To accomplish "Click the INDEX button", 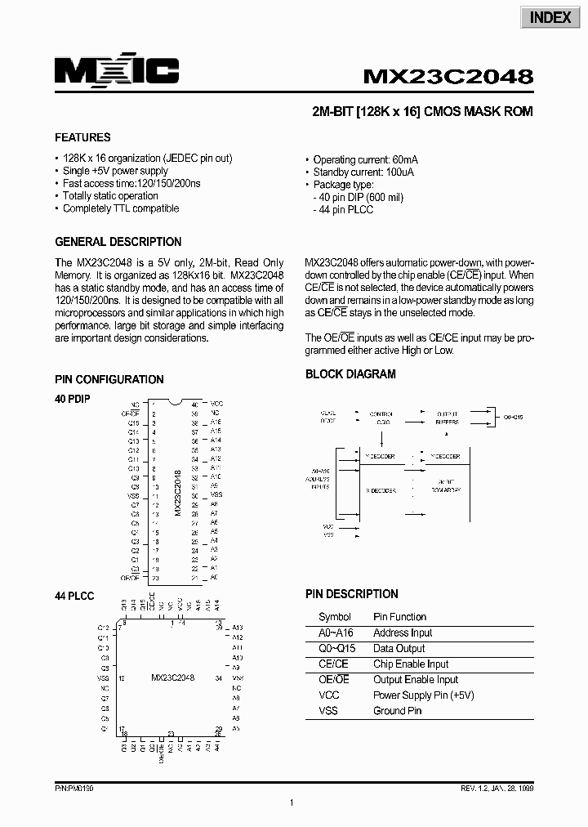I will point(550,17).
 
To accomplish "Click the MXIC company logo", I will point(117,73).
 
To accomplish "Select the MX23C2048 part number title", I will point(448,77).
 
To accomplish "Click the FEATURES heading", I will point(82,137).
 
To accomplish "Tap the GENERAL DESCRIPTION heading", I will point(118,242).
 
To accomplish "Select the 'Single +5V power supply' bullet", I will point(115,171).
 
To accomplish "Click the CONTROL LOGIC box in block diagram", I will point(381,418).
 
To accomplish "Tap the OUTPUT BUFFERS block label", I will point(447,418).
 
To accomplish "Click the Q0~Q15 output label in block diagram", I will point(513,417).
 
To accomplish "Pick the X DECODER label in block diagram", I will point(381,490).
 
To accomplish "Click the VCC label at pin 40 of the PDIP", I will point(216,405).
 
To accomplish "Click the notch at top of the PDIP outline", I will point(174,402).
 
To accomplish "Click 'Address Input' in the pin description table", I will point(403,633).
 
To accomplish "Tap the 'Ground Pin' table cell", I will point(398,711).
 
